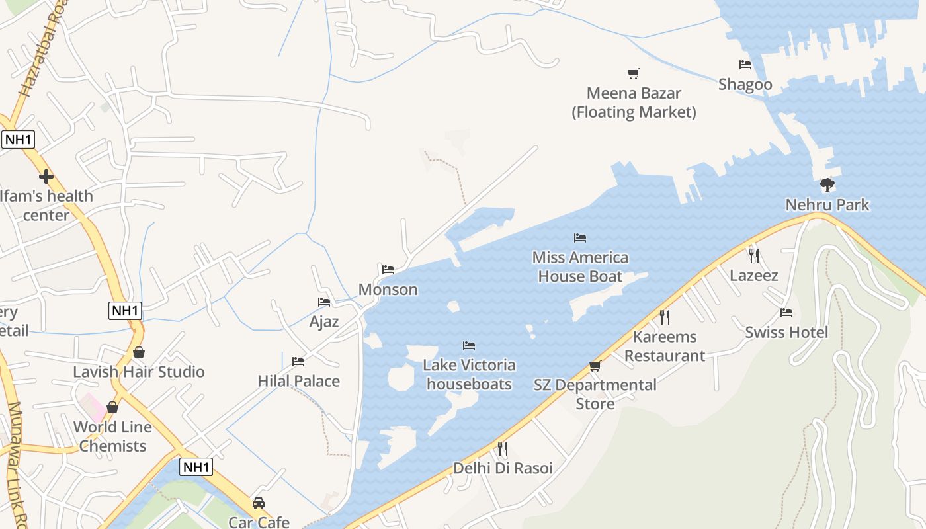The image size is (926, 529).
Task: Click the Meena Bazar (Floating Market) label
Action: (634, 102)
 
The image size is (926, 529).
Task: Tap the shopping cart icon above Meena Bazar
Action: (634, 73)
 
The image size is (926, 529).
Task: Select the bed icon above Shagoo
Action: (745, 65)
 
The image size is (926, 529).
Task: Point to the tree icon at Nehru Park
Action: (827, 184)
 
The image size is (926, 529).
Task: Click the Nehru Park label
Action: (827, 204)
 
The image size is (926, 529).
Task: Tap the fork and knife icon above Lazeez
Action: (753, 255)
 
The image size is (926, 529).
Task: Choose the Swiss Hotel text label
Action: (786, 332)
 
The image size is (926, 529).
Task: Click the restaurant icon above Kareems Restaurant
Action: (665, 317)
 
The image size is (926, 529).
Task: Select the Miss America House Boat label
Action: (580, 266)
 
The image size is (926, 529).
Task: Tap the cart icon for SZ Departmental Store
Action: (595, 366)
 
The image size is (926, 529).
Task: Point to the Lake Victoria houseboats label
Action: (469, 374)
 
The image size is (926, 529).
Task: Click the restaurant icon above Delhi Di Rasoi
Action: (502, 449)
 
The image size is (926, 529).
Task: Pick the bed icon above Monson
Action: (388, 270)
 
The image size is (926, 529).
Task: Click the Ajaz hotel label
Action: (324, 322)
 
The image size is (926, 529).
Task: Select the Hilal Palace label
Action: (299, 381)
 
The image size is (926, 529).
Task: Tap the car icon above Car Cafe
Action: (259, 503)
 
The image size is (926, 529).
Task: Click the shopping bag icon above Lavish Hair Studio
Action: (139, 352)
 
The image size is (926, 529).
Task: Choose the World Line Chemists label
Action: (112, 436)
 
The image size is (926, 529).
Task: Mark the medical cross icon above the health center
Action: (46, 177)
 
